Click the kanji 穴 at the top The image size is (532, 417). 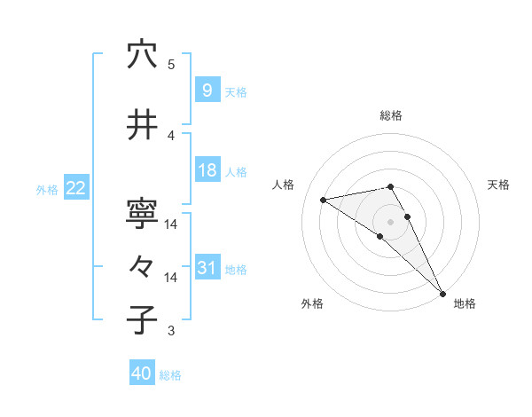click(x=142, y=55)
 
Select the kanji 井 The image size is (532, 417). click(x=142, y=127)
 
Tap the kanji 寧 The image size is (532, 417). click(x=142, y=214)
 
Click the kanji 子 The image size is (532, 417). click(x=142, y=320)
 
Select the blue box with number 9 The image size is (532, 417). click(x=207, y=90)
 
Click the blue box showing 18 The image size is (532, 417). click(x=207, y=170)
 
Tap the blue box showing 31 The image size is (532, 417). click(x=207, y=268)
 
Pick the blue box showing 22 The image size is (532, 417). click(x=76, y=187)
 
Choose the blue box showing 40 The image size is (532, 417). click(x=142, y=374)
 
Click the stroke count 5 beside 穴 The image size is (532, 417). click(x=171, y=65)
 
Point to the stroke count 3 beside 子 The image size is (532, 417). click(x=171, y=331)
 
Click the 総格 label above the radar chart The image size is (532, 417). click(x=391, y=115)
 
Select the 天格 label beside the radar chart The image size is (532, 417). click(x=498, y=185)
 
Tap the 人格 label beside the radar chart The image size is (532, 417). click(x=284, y=185)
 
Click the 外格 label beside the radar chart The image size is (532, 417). click(x=312, y=303)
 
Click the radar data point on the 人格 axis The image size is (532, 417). click(x=323, y=200)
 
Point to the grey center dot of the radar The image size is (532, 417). click(x=390, y=221)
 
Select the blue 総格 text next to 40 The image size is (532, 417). click(x=170, y=375)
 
